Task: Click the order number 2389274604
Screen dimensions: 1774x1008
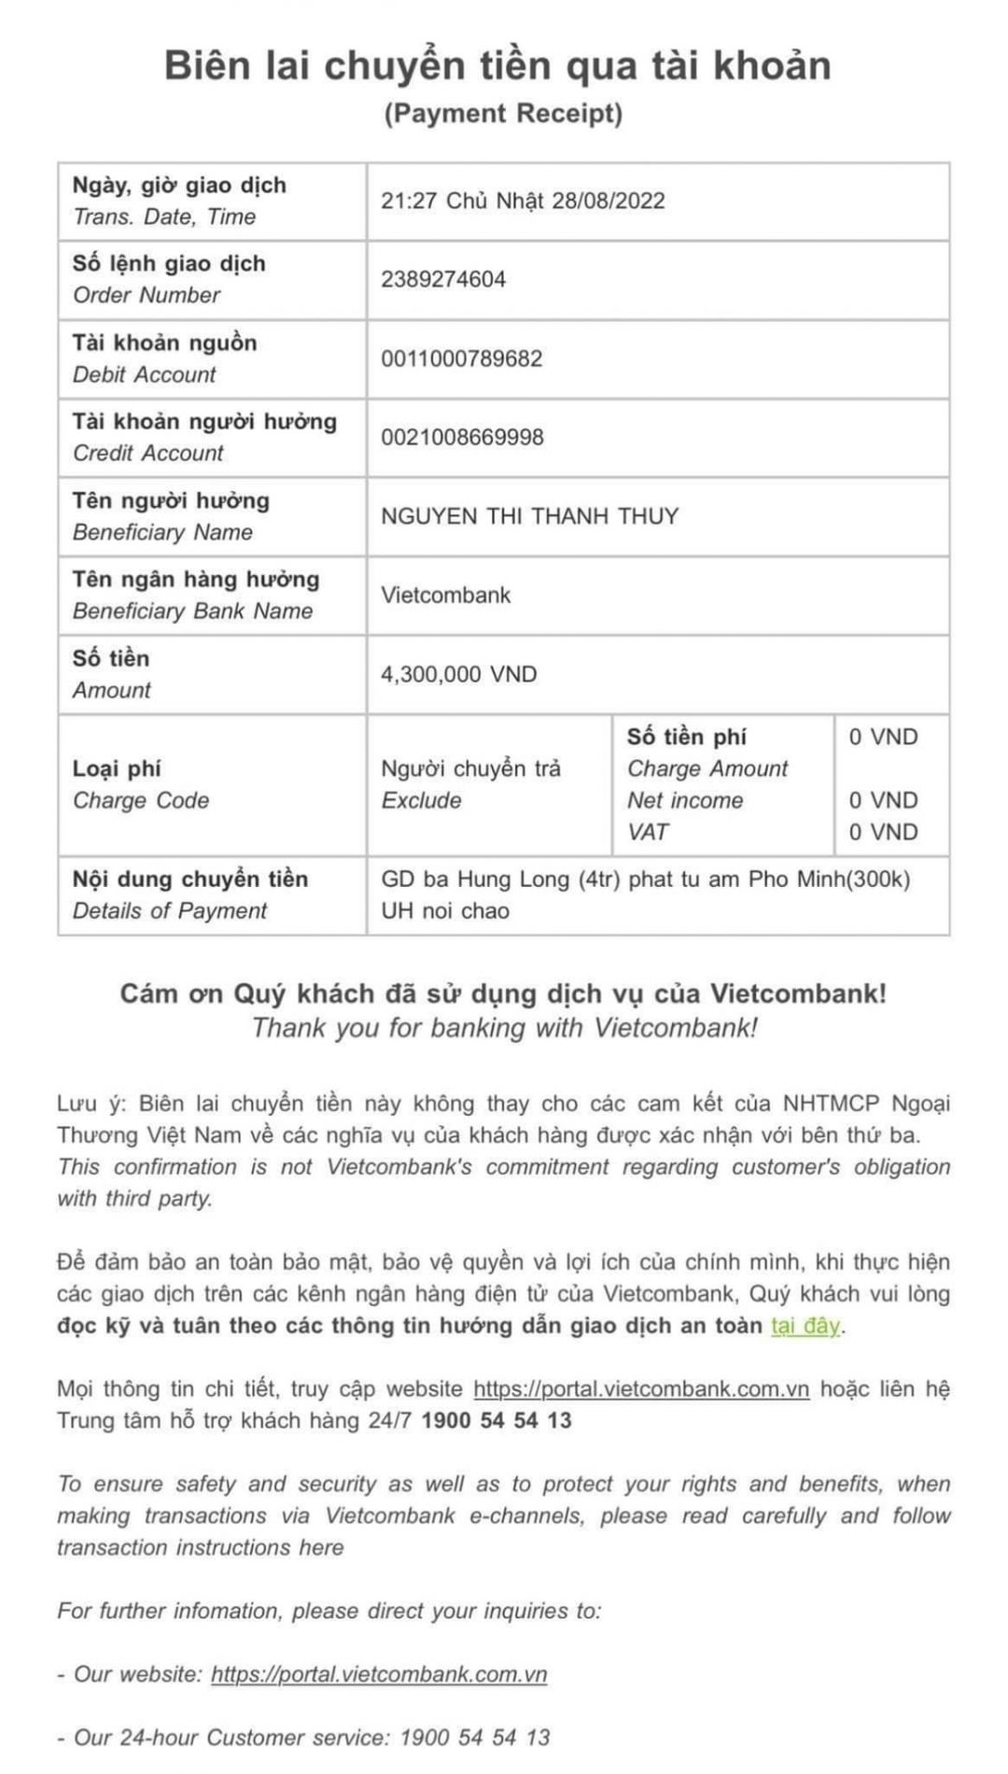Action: pyautogui.click(x=442, y=279)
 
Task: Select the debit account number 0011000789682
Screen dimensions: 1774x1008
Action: pyautogui.click(x=461, y=359)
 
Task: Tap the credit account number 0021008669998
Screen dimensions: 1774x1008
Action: pyautogui.click(x=461, y=437)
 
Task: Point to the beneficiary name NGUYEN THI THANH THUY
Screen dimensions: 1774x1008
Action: pyautogui.click(x=529, y=516)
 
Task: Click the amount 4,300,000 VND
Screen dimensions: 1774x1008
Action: pyautogui.click(x=458, y=674)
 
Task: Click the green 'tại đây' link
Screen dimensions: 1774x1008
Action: pyautogui.click(x=805, y=1326)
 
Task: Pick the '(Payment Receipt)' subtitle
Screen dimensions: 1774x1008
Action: pyautogui.click(x=503, y=113)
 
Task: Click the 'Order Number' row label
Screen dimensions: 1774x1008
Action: pyautogui.click(x=147, y=295)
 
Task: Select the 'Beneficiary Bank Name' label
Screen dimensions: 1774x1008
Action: pyautogui.click(x=192, y=612)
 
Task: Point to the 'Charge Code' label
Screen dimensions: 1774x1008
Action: pyautogui.click(x=141, y=801)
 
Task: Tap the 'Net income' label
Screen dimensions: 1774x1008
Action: pyautogui.click(x=685, y=801)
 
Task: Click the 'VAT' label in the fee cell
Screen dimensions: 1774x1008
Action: pyautogui.click(x=648, y=832)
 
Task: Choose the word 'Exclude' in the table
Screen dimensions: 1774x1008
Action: pyautogui.click(x=421, y=801)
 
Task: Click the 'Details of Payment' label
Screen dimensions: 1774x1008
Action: pyautogui.click(x=169, y=911)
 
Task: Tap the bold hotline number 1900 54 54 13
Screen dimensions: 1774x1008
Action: pyautogui.click(x=497, y=1421)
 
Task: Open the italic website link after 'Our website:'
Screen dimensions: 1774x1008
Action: pyautogui.click(x=378, y=1674)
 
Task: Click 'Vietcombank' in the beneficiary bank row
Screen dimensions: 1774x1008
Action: pyautogui.click(x=445, y=596)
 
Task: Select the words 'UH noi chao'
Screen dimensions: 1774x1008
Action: pyautogui.click(x=444, y=911)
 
